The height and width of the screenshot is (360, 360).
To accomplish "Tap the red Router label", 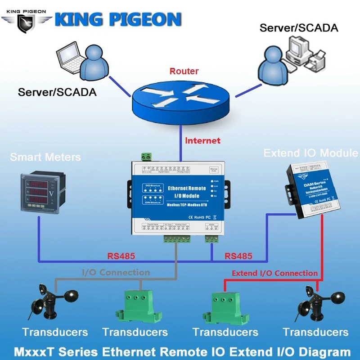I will (184, 71).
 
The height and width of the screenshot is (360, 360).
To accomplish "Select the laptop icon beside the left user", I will (70, 58).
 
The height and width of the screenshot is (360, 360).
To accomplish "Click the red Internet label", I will (202, 140).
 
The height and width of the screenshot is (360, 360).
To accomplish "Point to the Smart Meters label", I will (45, 157).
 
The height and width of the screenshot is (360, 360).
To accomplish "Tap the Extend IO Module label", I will (310, 153).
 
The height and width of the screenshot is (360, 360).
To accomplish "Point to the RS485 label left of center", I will (121, 256).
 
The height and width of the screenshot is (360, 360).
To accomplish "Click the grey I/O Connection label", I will (116, 272).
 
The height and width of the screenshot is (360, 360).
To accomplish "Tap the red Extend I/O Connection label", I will (274, 273).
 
